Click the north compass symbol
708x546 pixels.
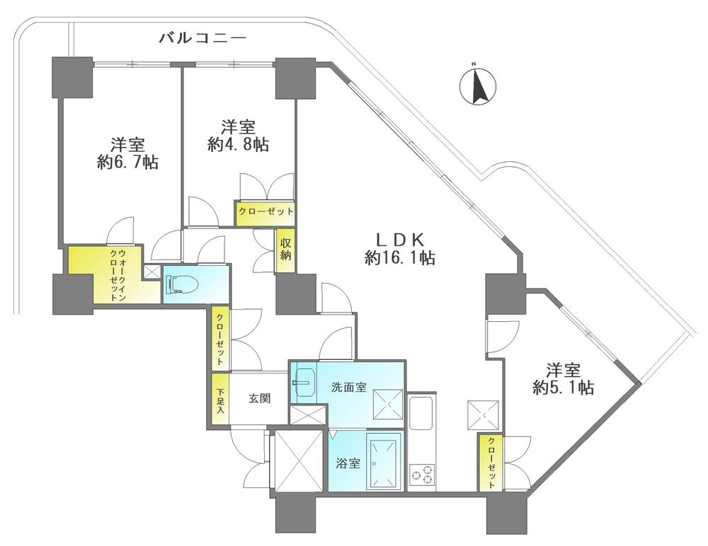click(477, 86)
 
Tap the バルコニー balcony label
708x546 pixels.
click(202, 38)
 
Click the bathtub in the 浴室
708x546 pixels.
click(385, 461)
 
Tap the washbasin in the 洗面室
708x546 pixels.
click(303, 382)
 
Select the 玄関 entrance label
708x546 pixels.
click(259, 398)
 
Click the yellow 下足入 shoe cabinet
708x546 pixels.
click(220, 399)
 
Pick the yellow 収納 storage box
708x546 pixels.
click(285, 250)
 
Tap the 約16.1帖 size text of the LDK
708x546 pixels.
click(399, 257)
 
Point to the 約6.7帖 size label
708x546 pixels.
click(127, 162)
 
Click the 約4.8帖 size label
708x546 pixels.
click(239, 144)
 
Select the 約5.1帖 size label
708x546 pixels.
click(563, 387)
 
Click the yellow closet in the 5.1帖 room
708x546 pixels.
click(491, 462)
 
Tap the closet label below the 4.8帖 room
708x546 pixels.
click(266, 211)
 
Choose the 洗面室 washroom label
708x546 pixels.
click(348, 387)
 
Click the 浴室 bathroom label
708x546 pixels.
click(348, 463)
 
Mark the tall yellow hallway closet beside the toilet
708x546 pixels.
click(221, 337)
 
